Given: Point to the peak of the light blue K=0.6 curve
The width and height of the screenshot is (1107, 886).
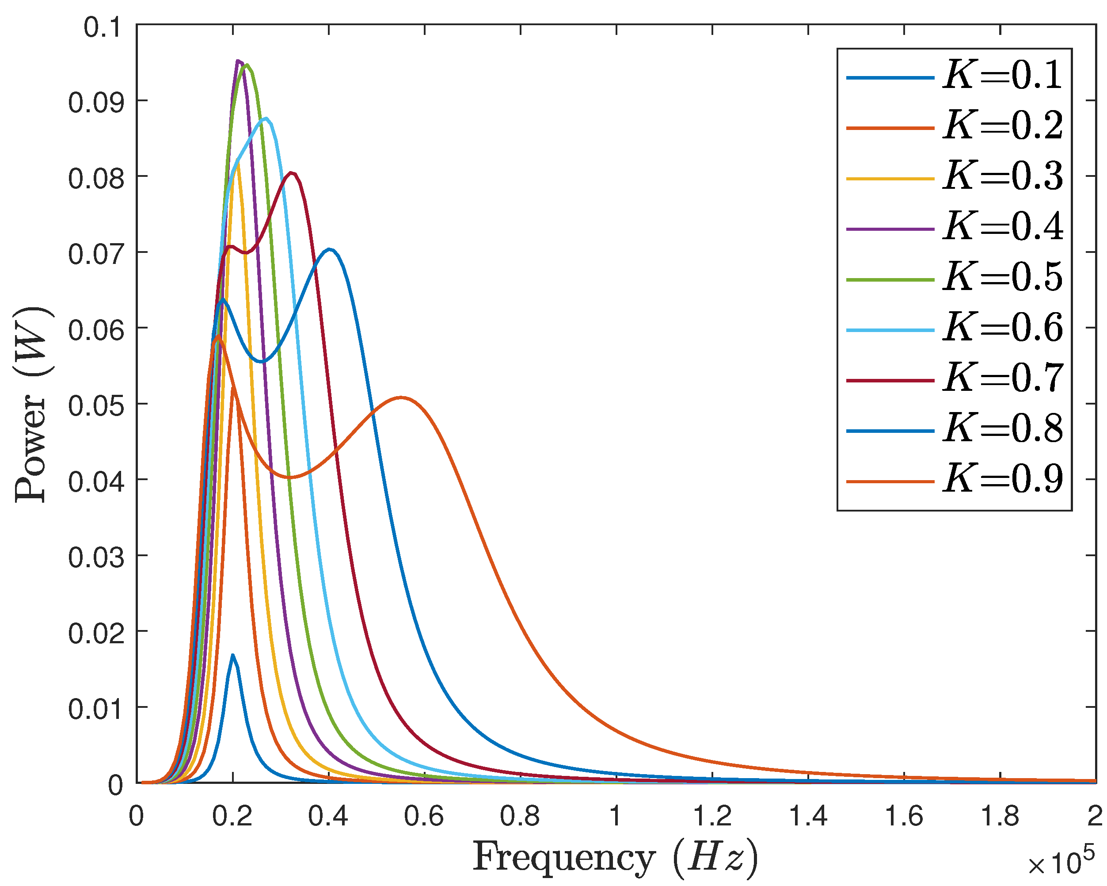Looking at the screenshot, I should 266,118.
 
